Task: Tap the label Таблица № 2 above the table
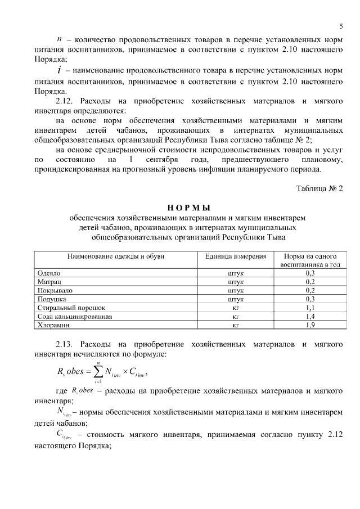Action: [x=319, y=188]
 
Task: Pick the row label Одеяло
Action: [x=48, y=273]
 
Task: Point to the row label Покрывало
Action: [x=55, y=290]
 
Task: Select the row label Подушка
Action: [x=52, y=299]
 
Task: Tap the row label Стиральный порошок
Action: [x=71, y=308]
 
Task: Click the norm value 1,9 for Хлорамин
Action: [x=310, y=325]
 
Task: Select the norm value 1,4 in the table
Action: [x=310, y=317]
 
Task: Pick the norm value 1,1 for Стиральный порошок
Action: [x=310, y=308]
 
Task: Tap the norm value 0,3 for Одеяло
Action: [x=310, y=273]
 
